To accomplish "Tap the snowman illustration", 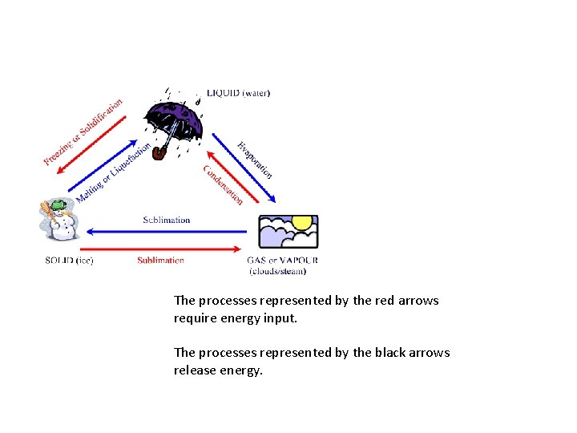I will [57, 221].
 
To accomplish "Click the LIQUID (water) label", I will [238, 93].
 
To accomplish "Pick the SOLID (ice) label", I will [69, 261].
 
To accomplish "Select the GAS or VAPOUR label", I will [283, 261].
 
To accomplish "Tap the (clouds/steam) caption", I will [278, 272].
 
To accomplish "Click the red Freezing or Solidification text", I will [83, 132].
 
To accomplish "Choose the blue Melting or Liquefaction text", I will [113, 173].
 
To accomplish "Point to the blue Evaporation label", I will [255, 160].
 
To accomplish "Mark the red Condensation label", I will [223, 184].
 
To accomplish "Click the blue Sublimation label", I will [167, 220].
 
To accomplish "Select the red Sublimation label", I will [160, 261].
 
